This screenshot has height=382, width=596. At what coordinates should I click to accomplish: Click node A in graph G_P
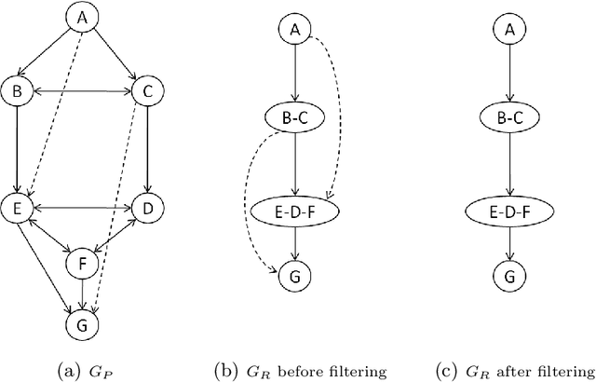coord(82,18)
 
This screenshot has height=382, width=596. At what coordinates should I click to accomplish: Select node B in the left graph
coord(16,90)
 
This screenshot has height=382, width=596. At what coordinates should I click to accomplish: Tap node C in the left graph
coord(146,90)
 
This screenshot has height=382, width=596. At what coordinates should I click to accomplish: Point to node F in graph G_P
coord(82,264)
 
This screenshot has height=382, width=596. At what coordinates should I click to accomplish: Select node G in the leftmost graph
coord(82,323)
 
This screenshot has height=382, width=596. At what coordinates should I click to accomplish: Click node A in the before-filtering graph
coord(294,30)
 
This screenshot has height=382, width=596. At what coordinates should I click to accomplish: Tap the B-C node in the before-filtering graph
coord(294,119)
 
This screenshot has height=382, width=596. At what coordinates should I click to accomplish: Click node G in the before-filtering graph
coord(294,276)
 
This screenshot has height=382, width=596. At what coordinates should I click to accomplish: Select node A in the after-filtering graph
coord(508,30)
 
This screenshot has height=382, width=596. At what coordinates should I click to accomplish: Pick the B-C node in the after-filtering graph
coord(508,119)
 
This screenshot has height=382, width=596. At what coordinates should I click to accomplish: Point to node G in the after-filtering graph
coord(508,276)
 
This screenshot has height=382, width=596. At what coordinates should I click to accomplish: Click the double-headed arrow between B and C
coord(81,90)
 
